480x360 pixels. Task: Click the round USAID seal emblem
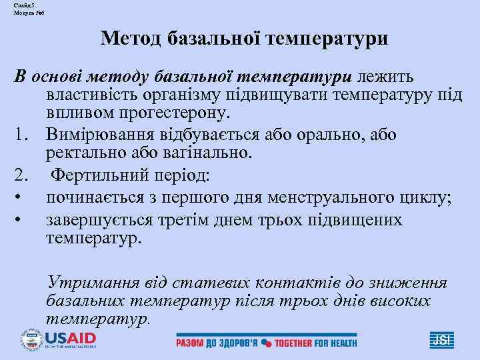31,339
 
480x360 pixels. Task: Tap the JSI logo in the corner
441,339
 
